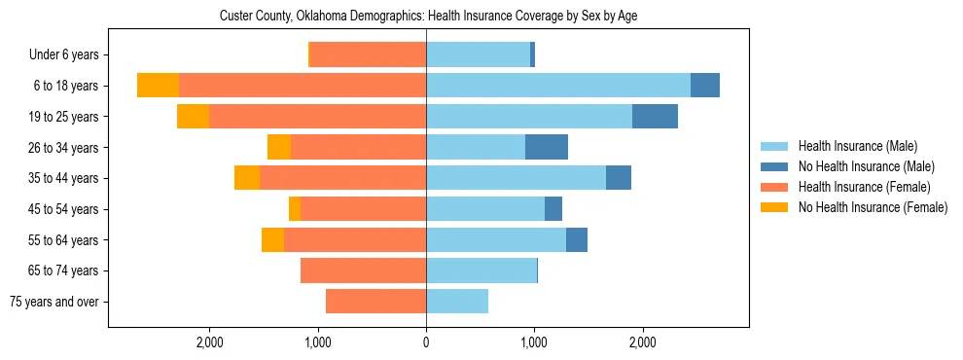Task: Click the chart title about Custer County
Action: click(x=428, y=17)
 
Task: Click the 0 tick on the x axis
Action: click(x=426, y=342)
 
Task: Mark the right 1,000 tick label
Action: click(x=533, y=342)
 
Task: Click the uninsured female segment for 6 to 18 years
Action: click(x=158, y=86)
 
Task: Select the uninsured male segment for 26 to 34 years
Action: click(x=547, y=148)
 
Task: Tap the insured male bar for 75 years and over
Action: click(x=457, y=302)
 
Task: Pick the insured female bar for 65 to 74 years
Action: click(x=363, y=270)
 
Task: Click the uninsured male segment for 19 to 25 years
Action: click(x=655, y=117)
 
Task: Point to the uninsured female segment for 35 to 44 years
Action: click(x=247, y=178)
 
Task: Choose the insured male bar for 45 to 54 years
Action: click(x=485, y=209)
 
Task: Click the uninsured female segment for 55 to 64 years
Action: click(x=272, y=240)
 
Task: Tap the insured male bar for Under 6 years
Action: click(x=478, y=55)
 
